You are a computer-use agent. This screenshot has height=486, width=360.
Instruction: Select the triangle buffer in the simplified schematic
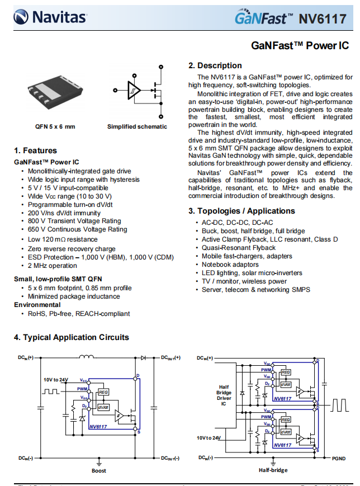pos(133,90)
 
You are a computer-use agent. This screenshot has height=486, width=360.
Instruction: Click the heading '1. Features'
pos(35,150)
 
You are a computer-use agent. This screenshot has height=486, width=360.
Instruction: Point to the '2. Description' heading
pos(215,65)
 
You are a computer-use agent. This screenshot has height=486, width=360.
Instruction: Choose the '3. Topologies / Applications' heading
pos(241,211)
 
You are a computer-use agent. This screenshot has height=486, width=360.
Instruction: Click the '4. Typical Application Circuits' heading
pos(71,337)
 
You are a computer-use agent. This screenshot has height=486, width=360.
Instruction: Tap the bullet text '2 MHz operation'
pos(53,266)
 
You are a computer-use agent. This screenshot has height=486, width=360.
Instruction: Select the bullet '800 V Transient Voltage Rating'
pos(74,221)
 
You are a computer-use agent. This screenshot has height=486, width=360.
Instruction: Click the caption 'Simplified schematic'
pos(137,126)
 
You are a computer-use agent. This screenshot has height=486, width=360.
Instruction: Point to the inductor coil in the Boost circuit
pos(87,356)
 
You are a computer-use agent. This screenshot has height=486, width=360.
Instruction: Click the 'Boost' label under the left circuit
pos(99,470)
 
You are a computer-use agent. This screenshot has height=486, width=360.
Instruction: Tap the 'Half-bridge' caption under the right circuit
pos(273,470)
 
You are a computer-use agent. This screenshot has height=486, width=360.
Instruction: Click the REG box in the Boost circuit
pos(103,392)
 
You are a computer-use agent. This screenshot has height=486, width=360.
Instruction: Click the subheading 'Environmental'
pos(37,305)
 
